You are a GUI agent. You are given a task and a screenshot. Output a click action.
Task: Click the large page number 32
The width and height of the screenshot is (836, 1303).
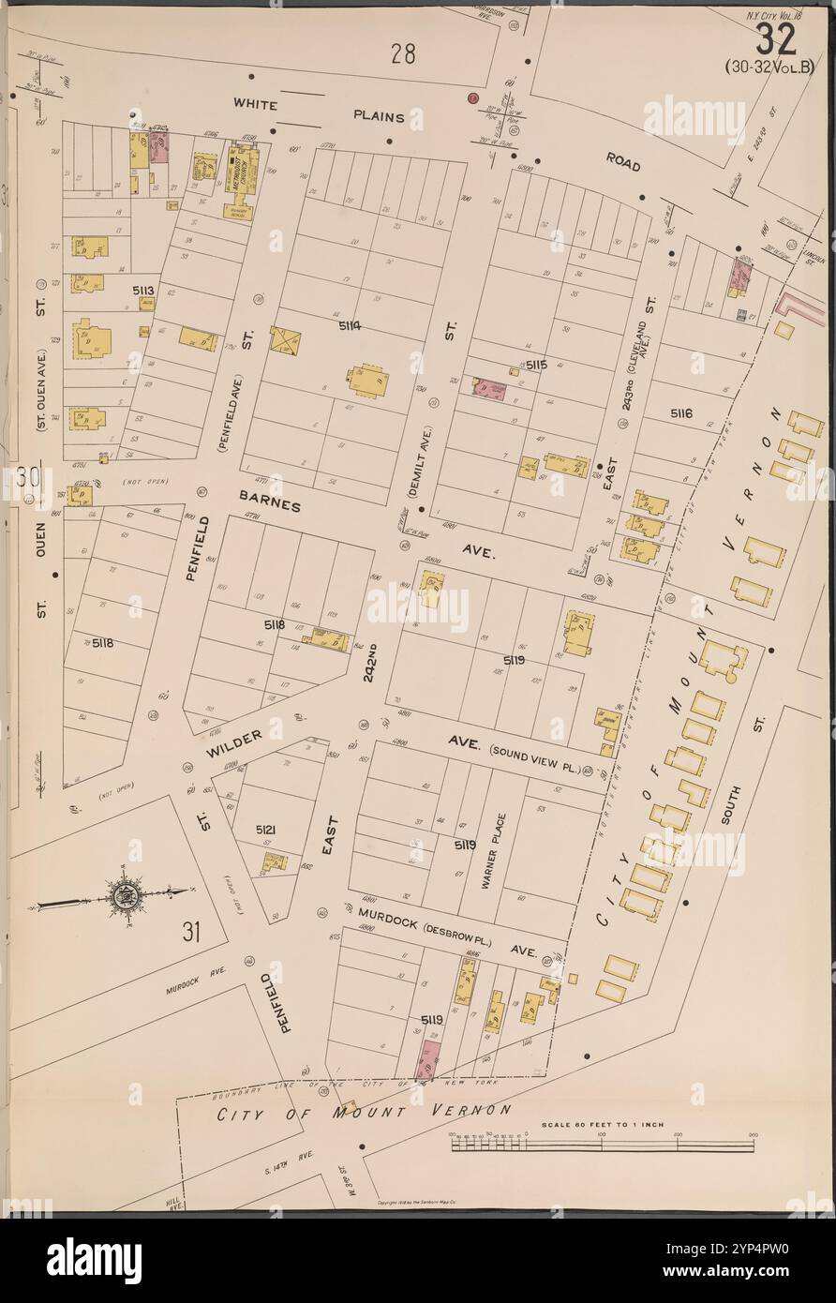tap(775, 38)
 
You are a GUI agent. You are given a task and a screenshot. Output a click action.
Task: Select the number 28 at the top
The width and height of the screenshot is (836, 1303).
tap(403, 54)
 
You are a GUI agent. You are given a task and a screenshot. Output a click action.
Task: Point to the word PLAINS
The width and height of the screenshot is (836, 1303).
tap(379, 117)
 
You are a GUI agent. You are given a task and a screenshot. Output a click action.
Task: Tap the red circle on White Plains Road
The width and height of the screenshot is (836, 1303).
tap(473, 97)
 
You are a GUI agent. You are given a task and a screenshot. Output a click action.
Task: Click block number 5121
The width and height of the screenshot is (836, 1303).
tap(266, 830)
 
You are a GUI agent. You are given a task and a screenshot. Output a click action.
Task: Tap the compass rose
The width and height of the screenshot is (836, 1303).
tap(122, 895)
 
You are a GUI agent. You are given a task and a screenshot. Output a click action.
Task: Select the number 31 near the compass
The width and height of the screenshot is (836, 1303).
tap(191, 932)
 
